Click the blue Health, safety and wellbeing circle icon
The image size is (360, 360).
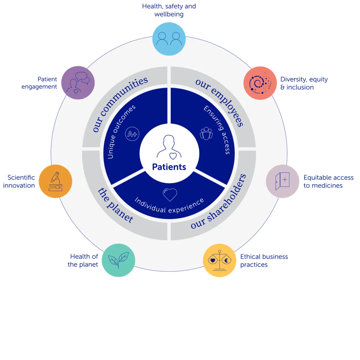pyautogui.click(x=169, y=39)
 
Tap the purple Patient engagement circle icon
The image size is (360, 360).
pyautogui.click(x=78, y=83)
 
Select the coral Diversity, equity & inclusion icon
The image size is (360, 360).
pyautogui.click(x=260, y=83)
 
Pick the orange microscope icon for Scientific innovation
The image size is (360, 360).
pyautogui.click(x=55, y=181)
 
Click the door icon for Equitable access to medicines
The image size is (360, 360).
pyautogui.click(x=282, y=181)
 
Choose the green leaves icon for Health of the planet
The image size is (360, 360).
pyautogui.click(x=118, y=260)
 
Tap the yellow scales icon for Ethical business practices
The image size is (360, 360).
pyautogui.click(x=220, y=260)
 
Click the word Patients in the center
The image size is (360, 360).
pyautogui.click(x=169, y=167)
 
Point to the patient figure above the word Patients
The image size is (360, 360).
pyautogui.click(x=169, y=147)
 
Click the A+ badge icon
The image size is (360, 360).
pyautogui.click(x=132, y=134)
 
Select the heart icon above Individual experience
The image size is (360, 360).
pyautogui.click(x=170, y=194)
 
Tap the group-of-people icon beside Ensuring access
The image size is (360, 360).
pyautogui.click(x=206, y=133)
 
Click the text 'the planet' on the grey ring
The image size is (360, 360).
pyautogui.click(x=115, y=206)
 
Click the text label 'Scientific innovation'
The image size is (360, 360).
pyautogui.click(x=19, y=181)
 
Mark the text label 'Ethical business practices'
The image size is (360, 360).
pyautogui.click(x=264, y=260)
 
